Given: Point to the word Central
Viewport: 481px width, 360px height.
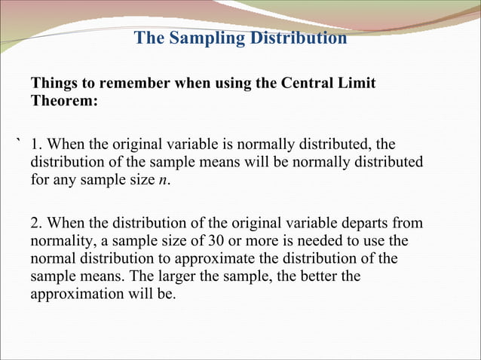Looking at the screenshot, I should (309, 83).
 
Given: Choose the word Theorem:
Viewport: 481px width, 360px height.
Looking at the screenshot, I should (64, 100).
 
